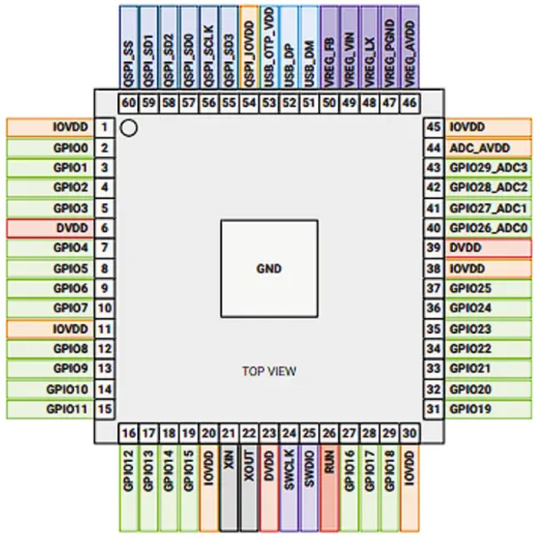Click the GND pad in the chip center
pos(269,268)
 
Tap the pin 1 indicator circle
pos(128,128)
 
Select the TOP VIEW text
pos(269,371)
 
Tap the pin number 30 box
pos(409,432)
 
